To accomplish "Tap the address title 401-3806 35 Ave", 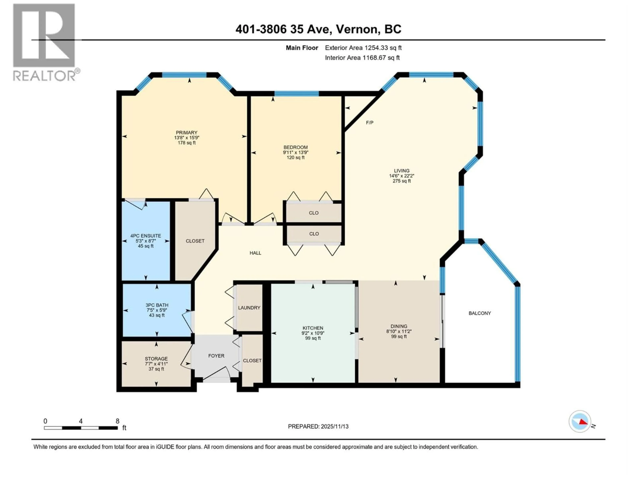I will (318, 29).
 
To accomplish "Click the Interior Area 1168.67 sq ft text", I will (362, 58).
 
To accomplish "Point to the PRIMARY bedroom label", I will (187, 133).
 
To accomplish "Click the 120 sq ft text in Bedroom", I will (295, 158).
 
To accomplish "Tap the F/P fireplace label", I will (369, 123).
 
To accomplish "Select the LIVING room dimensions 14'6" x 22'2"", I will (401, 176).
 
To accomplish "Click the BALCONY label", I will (479, 313).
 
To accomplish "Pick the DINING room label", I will (399, 326).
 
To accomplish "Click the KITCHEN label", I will (313, 328).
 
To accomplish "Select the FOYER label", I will (216, 356).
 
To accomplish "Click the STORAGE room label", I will (156, 359).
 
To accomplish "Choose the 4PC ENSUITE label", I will (145, 236).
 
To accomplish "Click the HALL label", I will (255, 253).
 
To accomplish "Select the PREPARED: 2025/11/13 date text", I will (318, 426).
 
